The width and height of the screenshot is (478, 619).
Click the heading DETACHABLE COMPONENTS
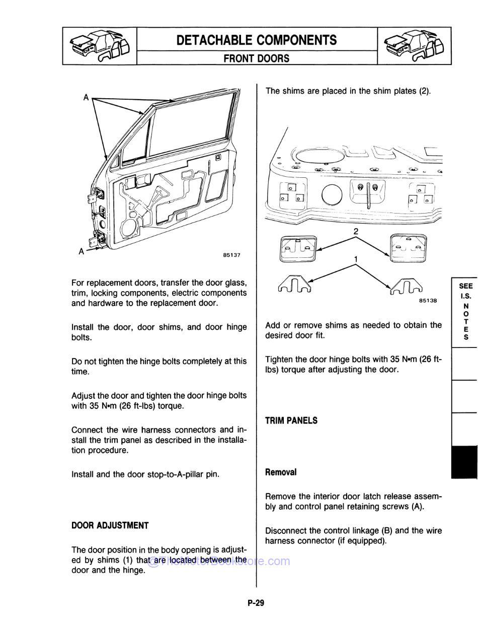coord(257,40)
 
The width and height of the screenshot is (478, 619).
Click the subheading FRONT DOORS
coord(257,58)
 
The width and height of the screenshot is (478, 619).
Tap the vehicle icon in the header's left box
coord(100,46)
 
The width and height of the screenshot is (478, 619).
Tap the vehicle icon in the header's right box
coord(414,46)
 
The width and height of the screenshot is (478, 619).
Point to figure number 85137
coord(231,255)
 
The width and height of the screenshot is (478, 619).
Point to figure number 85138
coord(428,301)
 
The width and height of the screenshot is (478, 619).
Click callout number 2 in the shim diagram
coord(356,232)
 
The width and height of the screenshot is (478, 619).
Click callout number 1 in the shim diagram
coord(356,259)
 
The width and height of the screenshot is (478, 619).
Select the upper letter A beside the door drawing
coord(86,98)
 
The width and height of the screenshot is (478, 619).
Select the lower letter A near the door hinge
coord(81,251)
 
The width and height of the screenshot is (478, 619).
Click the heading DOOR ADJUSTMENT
coord(110,526)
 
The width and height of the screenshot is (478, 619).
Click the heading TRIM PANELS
coord(291,421)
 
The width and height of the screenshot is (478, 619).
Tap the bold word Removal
coord(281,472)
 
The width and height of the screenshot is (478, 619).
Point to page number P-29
coord(256,602)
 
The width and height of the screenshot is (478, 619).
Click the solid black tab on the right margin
coord(464,461)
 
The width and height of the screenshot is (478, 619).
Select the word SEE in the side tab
coord(466,286)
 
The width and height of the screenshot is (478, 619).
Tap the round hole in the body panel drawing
coord(331,194)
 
